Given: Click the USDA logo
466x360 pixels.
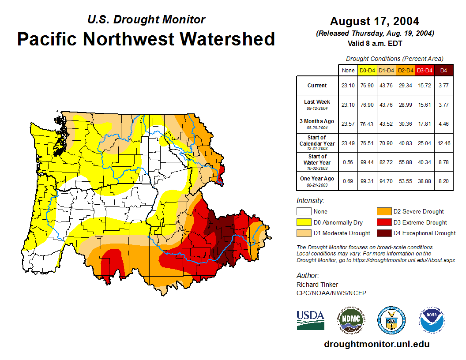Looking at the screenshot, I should [310, 320].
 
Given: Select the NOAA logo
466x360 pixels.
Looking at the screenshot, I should [432, 320].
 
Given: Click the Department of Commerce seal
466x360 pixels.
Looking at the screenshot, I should [391, 320].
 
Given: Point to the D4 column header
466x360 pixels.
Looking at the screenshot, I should [443, 70].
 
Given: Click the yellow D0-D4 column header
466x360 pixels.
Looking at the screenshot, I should [367, 70].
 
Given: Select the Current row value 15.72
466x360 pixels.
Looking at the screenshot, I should [425, 86].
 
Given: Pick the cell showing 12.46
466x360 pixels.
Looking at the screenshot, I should [443, 143].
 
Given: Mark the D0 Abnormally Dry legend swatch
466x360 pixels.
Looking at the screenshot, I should [304, 222].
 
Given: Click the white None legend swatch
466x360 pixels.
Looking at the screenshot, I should [304, 212].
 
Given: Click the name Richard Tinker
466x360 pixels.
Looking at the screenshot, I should [317, 285].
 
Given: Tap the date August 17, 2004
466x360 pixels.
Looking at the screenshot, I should [374, 21].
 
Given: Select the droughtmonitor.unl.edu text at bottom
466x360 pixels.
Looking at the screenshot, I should [376, 344].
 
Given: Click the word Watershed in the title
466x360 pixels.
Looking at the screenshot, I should [227, 39].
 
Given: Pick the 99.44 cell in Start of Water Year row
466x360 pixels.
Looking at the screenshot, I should [367, 162].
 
